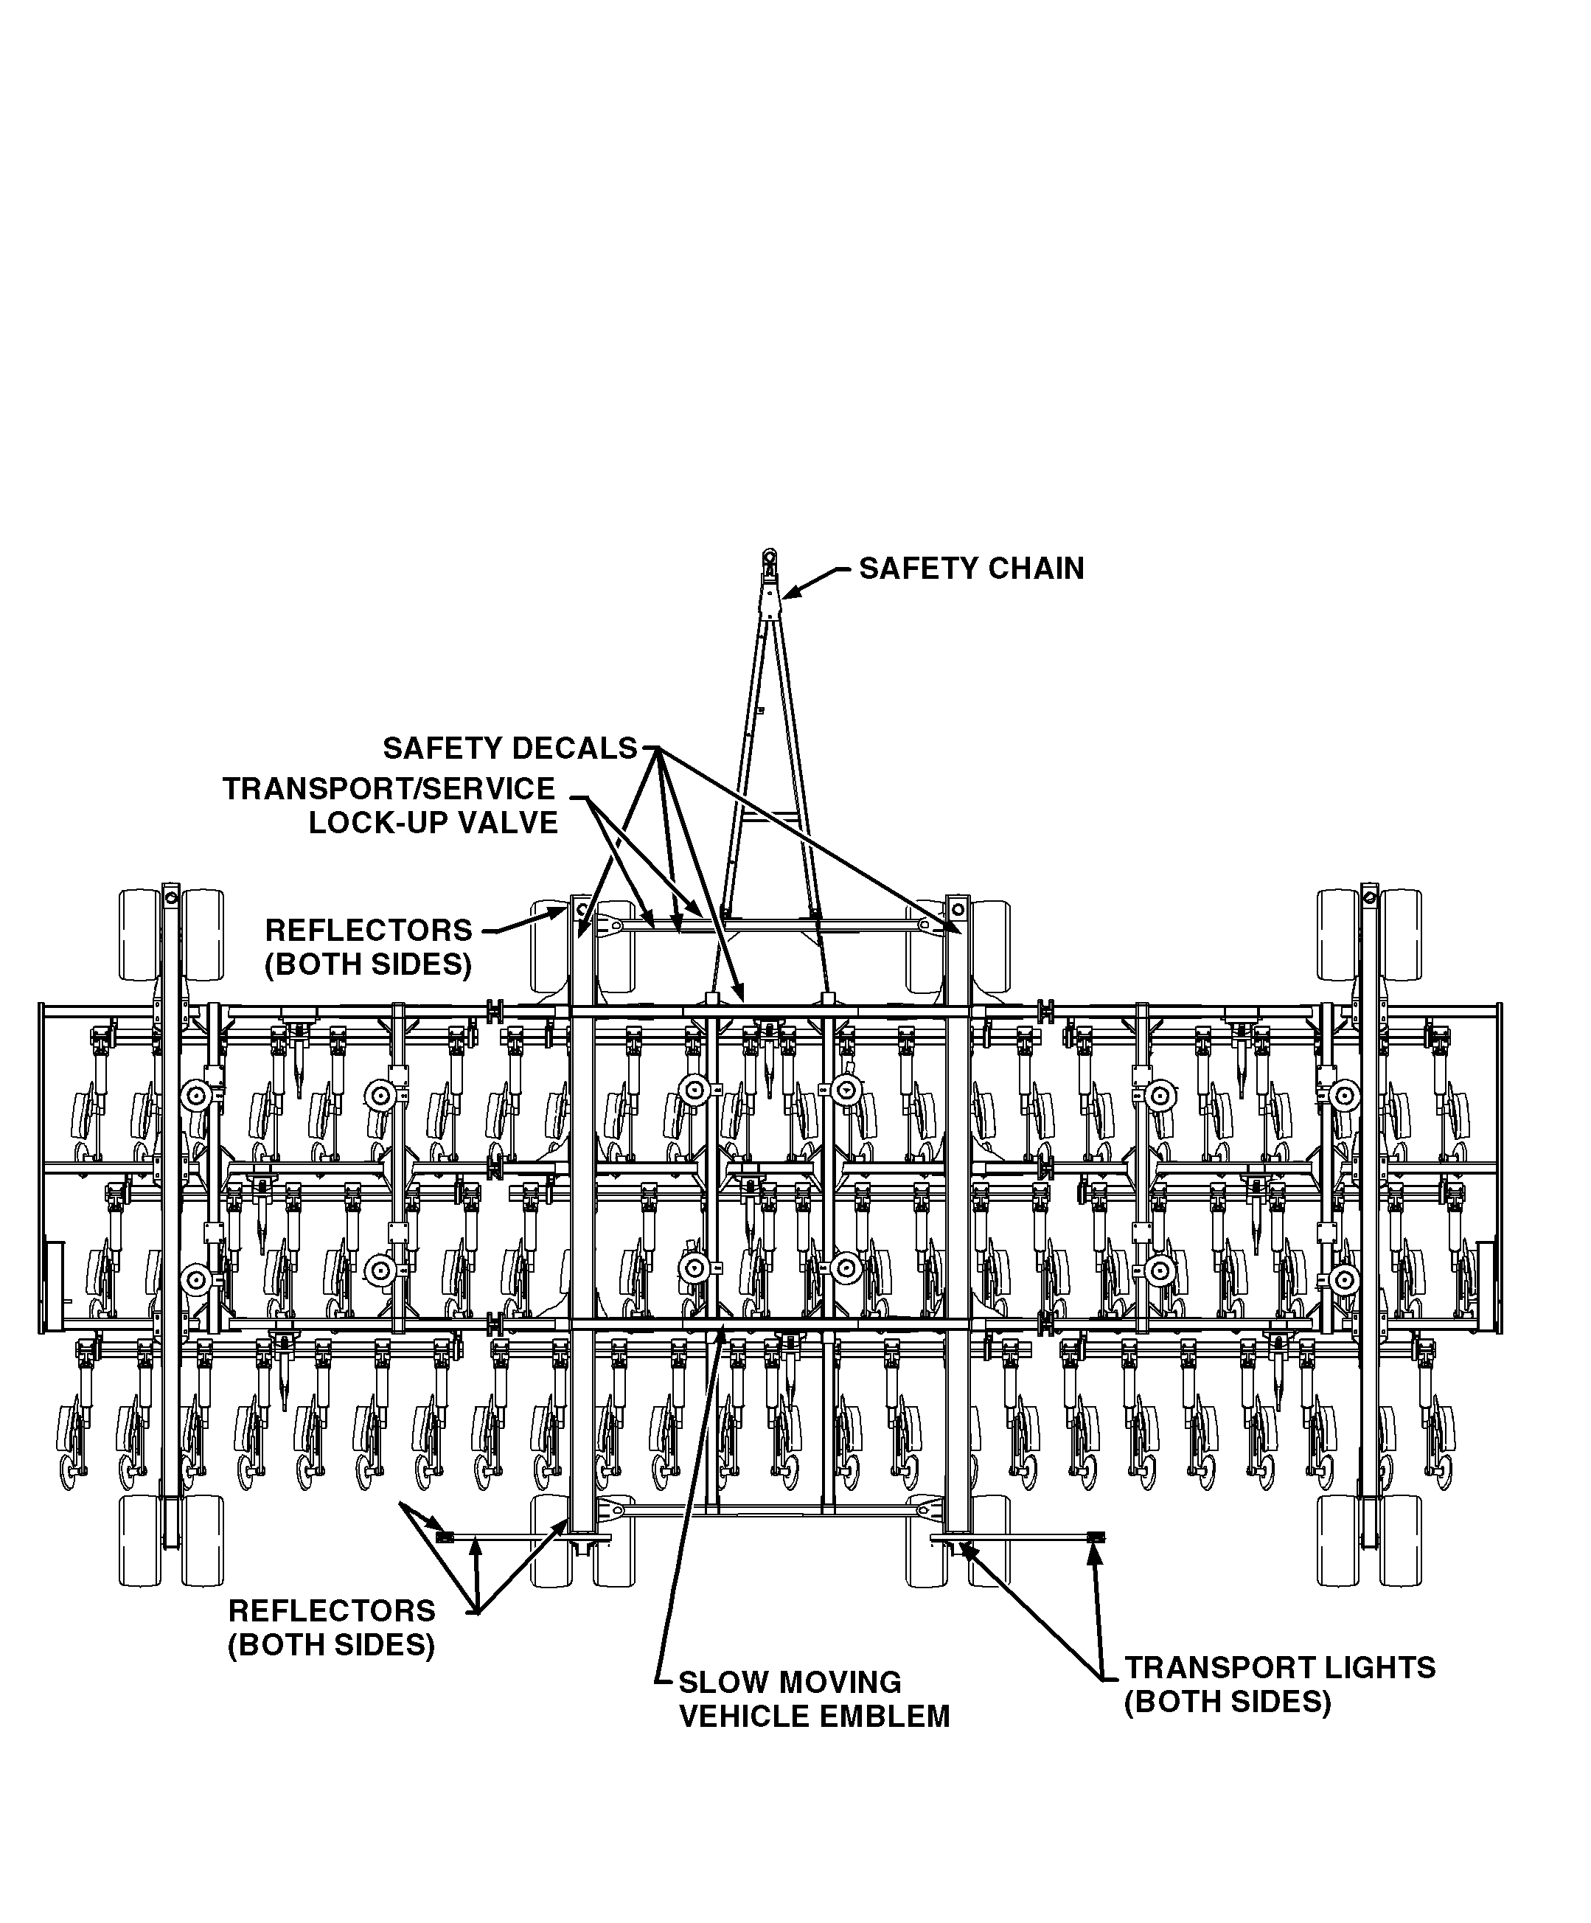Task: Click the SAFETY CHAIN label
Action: click(971, 568)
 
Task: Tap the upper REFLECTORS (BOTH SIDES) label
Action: click(369, 947)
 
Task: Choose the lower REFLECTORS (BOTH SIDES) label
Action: click(331, 1627)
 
